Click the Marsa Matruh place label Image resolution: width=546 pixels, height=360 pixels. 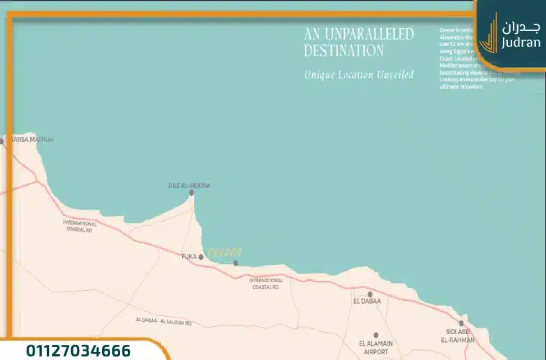30,139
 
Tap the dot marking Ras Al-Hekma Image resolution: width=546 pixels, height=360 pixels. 191,193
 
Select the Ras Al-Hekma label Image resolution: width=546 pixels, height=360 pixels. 189,185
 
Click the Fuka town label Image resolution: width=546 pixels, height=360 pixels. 188,256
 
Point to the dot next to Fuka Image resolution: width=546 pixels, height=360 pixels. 201,256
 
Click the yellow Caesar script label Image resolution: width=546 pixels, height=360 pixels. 224,252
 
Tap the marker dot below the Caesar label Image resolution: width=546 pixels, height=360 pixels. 235,263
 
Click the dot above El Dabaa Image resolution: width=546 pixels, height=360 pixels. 370,294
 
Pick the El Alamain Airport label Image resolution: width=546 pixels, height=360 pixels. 376,348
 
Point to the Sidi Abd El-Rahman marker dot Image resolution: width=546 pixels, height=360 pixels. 461,323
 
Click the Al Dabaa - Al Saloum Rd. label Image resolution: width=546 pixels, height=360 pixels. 163,320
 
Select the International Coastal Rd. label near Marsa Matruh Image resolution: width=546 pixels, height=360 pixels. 79,226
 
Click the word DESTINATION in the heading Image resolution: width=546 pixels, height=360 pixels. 343,51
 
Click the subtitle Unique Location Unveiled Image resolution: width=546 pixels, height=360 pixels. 358,74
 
